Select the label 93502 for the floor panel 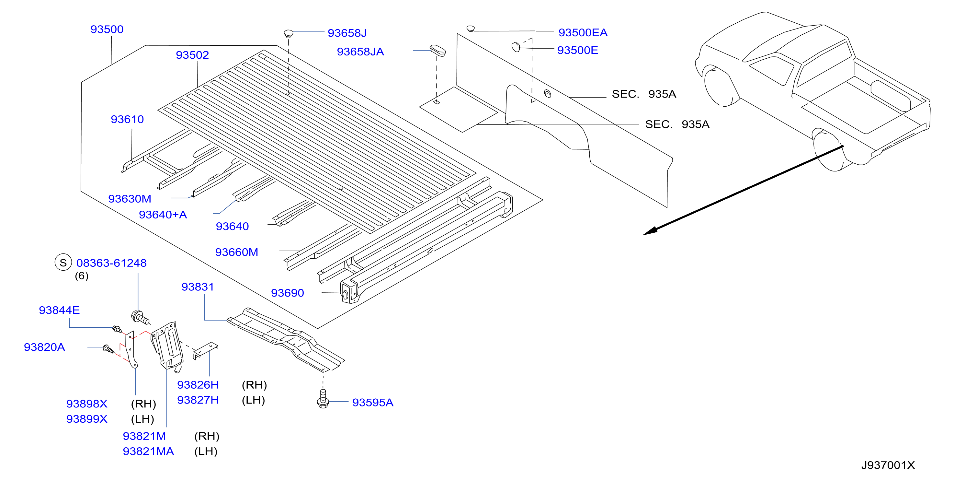[192, 55]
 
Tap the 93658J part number [347, 33]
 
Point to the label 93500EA [583, 33]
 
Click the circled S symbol [63, 262]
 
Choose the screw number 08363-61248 [111, 263]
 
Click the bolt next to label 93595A [323, 398]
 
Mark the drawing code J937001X [888, 465]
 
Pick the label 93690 [287, 293]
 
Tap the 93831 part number [198, 287]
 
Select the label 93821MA [148, 452]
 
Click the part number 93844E [59, 310]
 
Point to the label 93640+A [163, 215]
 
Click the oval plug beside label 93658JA [438, 51]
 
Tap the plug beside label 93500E [516, 47]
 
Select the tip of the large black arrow [644, 234]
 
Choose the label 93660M [237, 252]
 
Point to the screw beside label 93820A [108, 349]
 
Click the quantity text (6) [82, 276]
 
